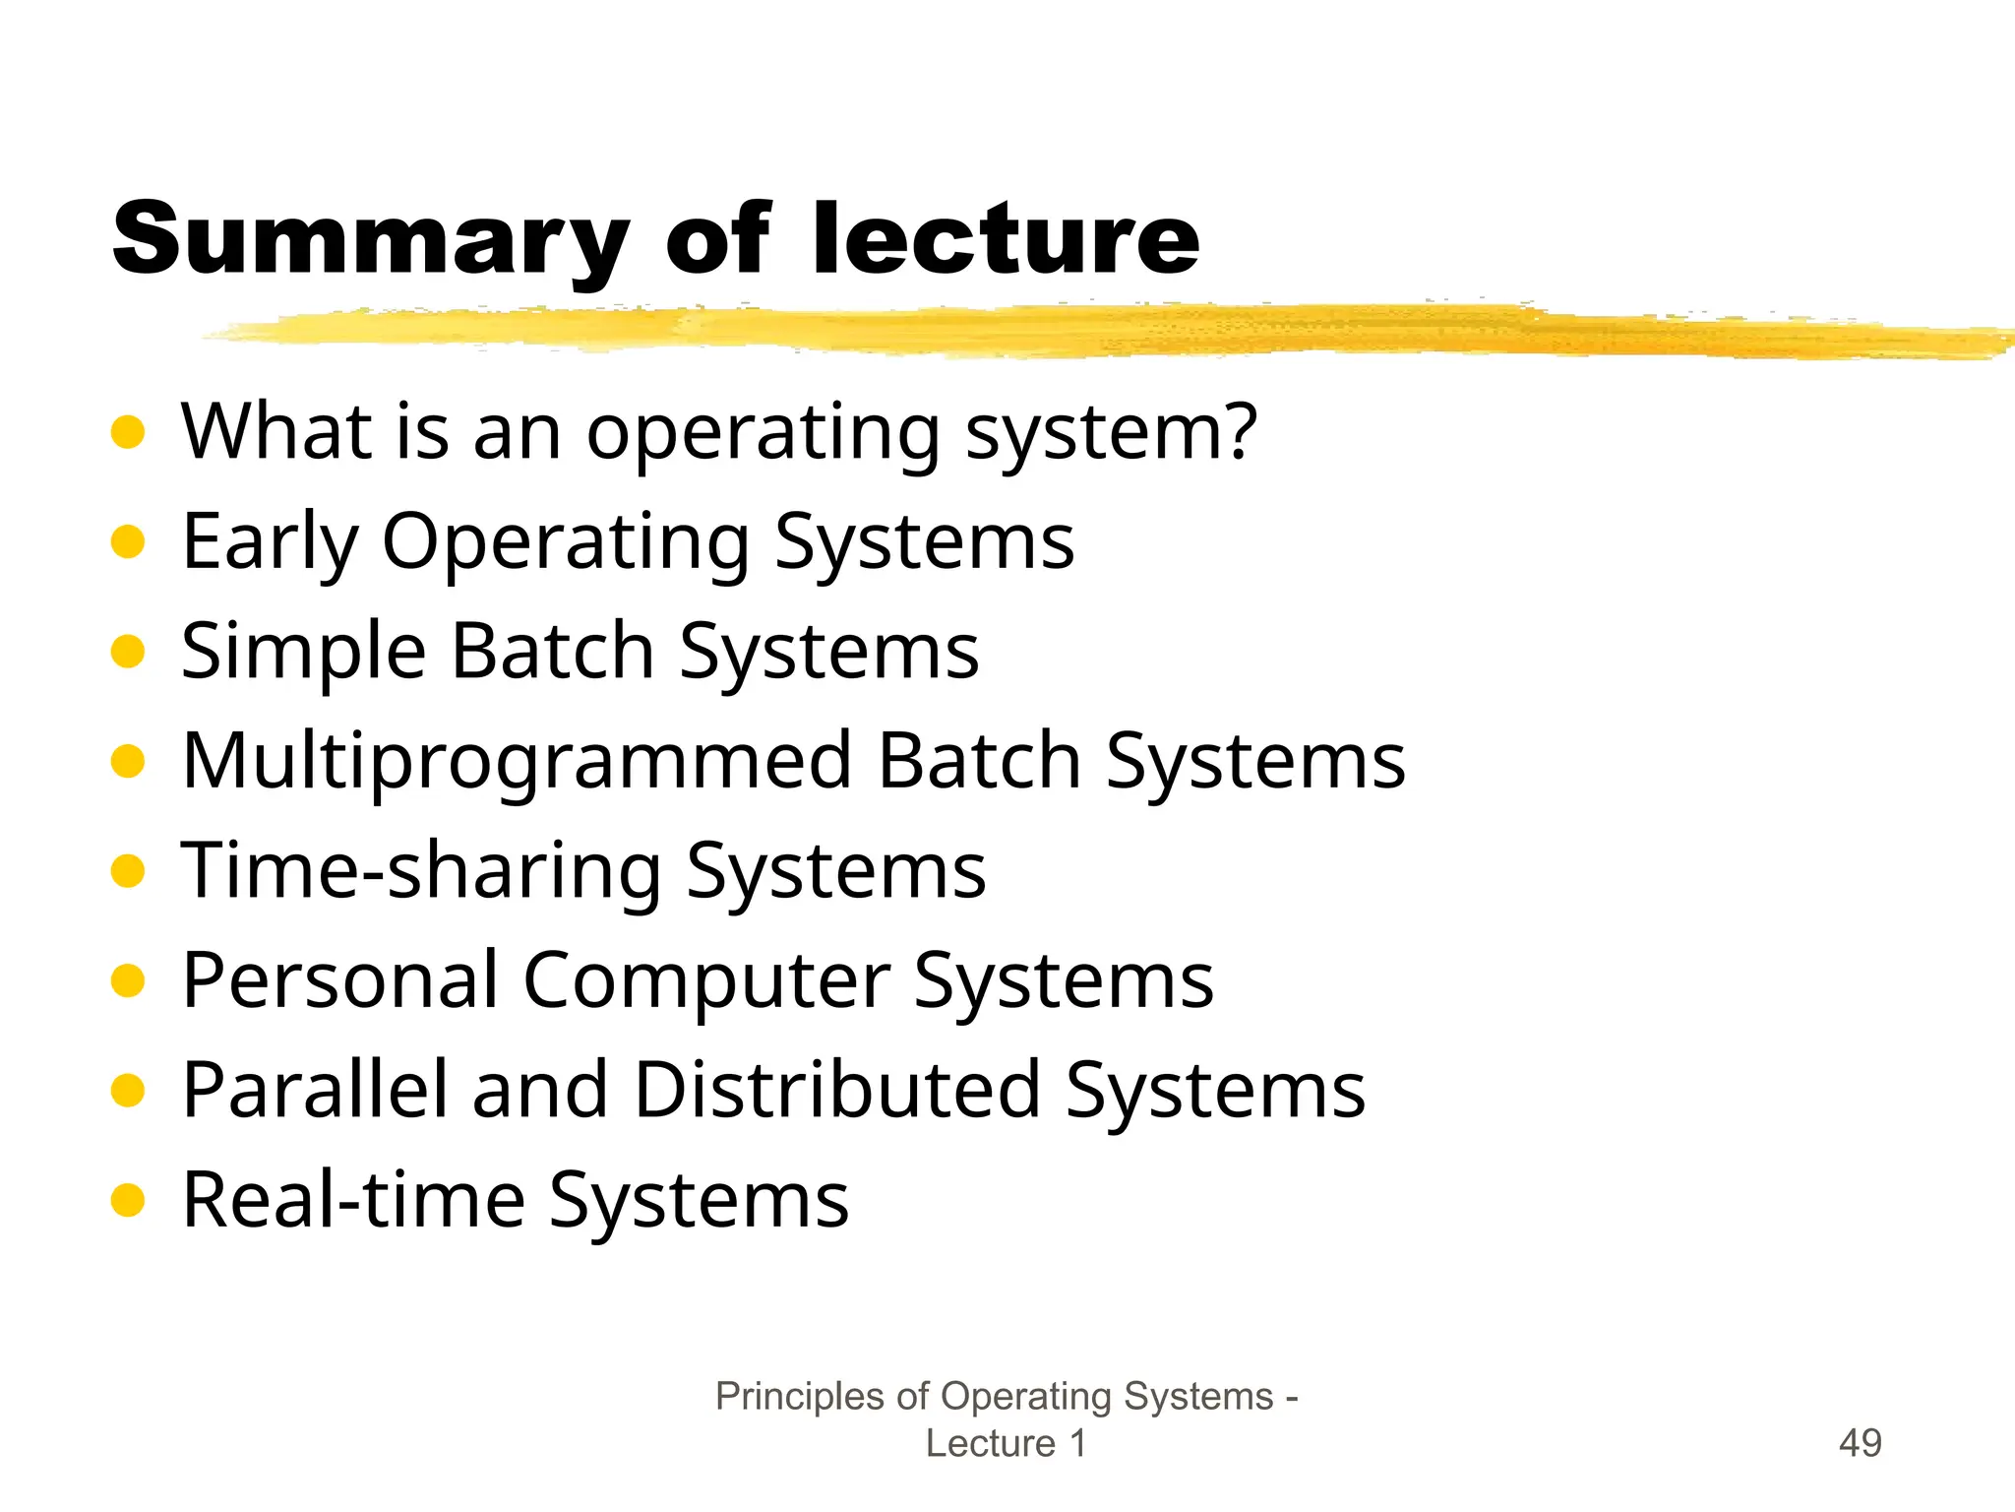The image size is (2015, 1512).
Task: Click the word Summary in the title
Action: pyautogui.click(x=370, y=239)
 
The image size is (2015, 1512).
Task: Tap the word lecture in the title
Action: pyautogui.click(x=1005, y=239)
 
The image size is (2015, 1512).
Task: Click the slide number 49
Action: pyautogui.click(x=1860, y=1443)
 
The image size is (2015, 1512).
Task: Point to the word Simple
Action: pyautogui.click(x=303, y=652)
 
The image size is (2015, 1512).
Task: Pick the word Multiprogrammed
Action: pyautogui.click(x=517, y=762)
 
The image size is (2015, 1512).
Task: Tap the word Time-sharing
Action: pyautogui.click(x=422, y=871)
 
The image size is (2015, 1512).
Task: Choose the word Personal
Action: pyautogui.click(x=340, y=980)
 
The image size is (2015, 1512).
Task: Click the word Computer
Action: pyautogui.click(x=706, y=980)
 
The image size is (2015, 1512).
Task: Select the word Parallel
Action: pyautogui.click(x=315, y=1090)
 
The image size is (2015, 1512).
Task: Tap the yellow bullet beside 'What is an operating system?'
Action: pyautogui.click(x=128, y=432)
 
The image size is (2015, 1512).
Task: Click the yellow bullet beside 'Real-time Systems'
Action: pyautogui.click(x=128, y=1200)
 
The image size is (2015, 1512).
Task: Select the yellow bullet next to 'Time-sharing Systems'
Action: pyautogui.click(x=128, y=871)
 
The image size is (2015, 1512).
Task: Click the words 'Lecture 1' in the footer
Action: pyautogui.click(x=1006, y=1443)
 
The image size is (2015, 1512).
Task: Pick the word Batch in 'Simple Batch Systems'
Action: pyautogui.click(x=553, y=652)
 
